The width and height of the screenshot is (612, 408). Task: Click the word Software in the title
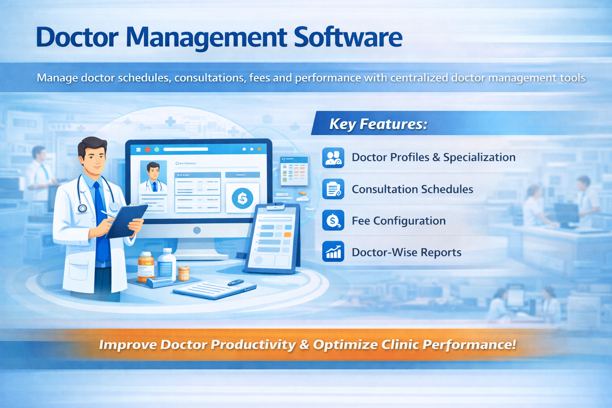coord(348,37)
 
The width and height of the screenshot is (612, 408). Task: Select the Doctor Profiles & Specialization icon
coord(333,157)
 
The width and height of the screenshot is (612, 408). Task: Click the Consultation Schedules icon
coord(333,189)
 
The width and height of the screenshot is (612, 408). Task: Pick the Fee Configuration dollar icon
coord(333,221)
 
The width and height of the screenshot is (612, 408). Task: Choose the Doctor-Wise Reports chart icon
coord(333,252)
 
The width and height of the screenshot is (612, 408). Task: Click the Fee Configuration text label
coord(398,221)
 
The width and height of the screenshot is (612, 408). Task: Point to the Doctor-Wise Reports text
coord(406,252)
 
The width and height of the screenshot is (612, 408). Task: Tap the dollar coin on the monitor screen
coord(242,198)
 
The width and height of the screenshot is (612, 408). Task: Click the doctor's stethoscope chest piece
coord(83,208)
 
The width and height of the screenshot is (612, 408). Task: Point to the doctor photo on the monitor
coord(153,176)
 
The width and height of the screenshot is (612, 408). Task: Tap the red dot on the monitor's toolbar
coord(147,149)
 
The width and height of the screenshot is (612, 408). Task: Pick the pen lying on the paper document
coord(236,282)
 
